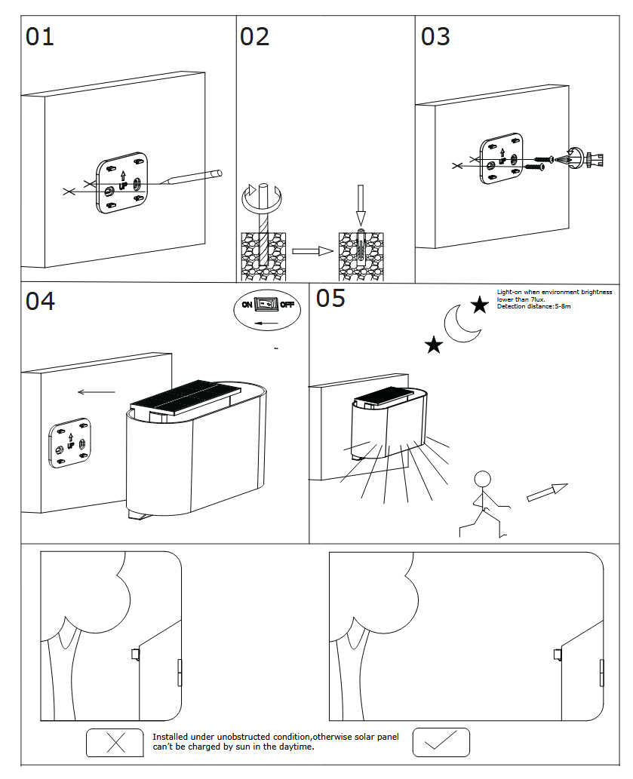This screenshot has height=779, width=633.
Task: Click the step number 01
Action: point(40,36)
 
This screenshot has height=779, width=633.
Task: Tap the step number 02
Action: point(254,36)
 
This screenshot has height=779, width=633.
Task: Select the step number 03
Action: point(435,36)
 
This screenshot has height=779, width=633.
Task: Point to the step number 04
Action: point(40,301)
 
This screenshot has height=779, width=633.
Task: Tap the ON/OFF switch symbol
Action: point(266,305)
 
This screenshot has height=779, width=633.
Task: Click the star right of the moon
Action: point(479,305)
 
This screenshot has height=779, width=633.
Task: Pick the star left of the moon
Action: point(434,345)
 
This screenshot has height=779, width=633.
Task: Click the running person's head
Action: point(482,480)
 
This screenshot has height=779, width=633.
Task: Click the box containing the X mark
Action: point(115,743)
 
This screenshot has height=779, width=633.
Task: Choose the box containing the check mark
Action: point(441,743)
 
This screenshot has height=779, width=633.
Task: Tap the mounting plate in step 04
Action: point(69,443)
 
